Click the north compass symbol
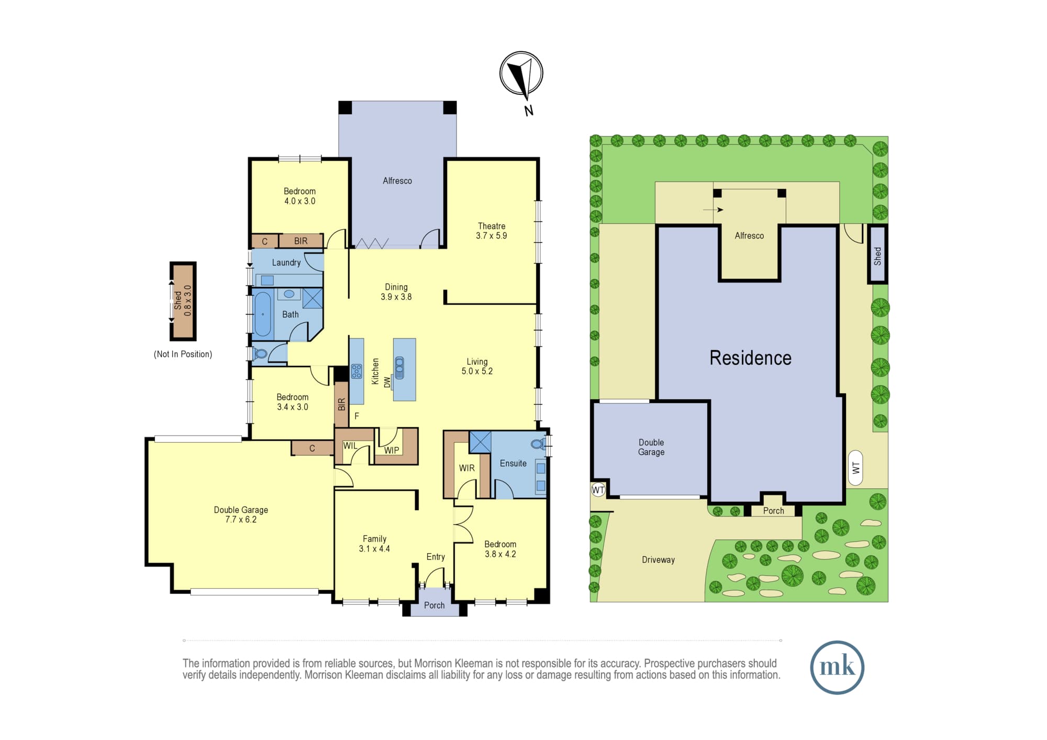tap(521, 73)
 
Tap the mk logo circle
tap(837, 667)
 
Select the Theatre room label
tap(492, 226)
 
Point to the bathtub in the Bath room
tap(263, 314)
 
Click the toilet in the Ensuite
tap(538, 445)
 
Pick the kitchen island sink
tap(399, 367)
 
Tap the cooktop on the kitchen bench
tap(357, 371)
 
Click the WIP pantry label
tap(392, 450)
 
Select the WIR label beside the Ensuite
tap(467, 468)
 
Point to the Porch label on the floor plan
tap(434, 606)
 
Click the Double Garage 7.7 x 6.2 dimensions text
tap(241, 520)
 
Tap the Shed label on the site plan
tap(878, 256)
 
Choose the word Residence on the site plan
tap(750, 358)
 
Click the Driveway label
tap(658, 560)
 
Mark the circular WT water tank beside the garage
tap(598, 490)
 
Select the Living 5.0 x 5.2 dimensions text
tap(477, 371)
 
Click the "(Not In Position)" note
tap(183, 354)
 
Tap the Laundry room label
tap(286, 263)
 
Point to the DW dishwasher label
tap(387, 382)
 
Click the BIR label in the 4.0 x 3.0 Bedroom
tap(300, 241)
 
